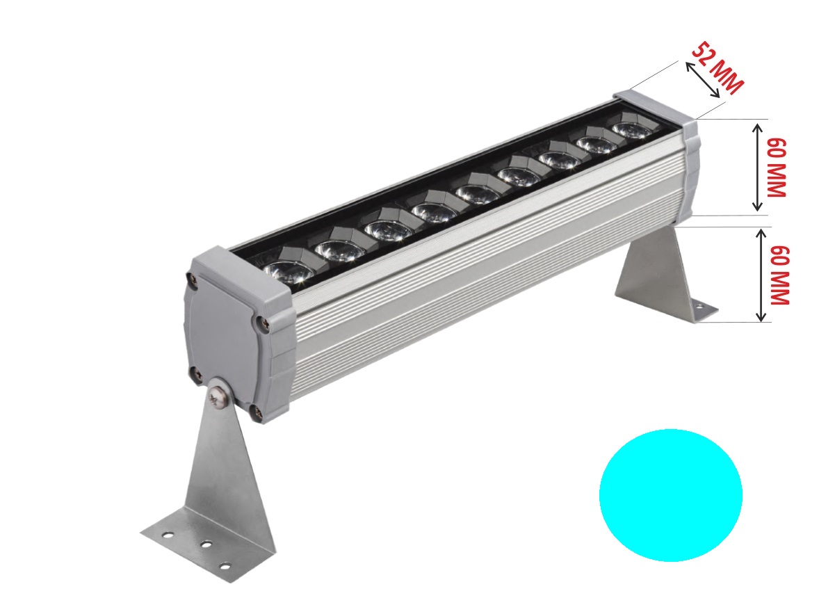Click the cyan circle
[671, 495]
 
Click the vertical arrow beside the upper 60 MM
[757, 167]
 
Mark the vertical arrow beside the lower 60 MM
[762, 275]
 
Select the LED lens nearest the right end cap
[630, 129]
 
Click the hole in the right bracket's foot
[699, 305]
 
